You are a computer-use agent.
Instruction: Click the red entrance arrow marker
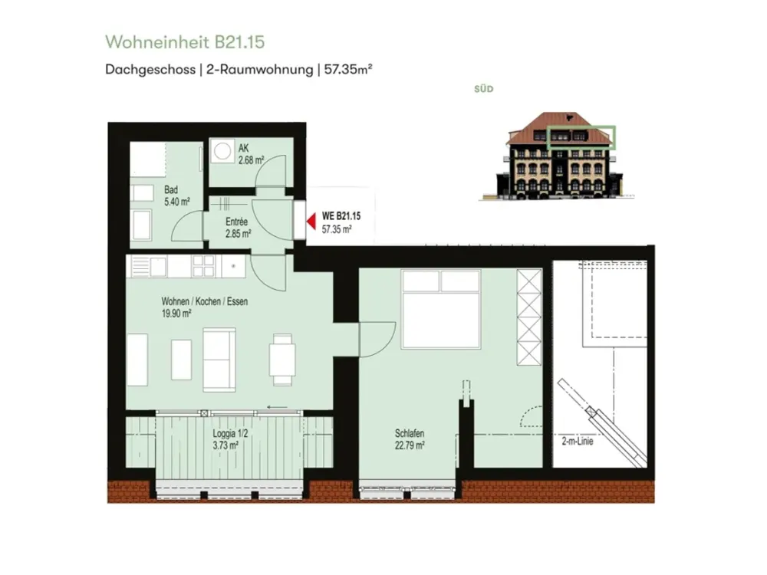coord(311,222)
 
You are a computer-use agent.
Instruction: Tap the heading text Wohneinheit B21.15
coord(185,42)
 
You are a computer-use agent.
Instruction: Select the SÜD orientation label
coord(484,89)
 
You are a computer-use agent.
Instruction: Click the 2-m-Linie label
coord(578,441)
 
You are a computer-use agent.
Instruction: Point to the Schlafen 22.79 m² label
coord(410,439)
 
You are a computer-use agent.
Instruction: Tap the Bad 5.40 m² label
coord(176,195)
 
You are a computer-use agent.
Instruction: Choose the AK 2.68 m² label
coord(251,154)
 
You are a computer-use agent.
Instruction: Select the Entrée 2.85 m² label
coord(239,228)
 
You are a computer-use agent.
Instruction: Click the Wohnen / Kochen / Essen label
coord(205,301)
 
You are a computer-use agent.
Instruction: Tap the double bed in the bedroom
coord(441,309)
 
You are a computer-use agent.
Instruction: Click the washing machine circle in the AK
coord(222,151)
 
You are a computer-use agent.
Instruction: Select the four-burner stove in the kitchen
coord(203,267)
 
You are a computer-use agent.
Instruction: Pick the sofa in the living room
coord(219,360)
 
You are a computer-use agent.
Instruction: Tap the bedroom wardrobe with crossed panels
coord(529,317)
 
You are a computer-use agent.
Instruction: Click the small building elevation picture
coord(558,156)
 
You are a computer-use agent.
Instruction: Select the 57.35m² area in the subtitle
coord(348,70)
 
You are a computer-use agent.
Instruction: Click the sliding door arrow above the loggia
coord(278,407)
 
